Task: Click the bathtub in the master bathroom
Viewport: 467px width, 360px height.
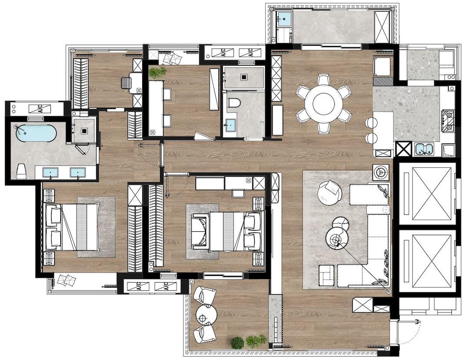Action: click(36, 133)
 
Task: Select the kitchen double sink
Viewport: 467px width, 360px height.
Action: click(424, 149)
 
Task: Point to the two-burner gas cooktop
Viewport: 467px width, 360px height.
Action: click(448, 121)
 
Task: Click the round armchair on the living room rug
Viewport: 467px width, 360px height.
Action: click(330, 193)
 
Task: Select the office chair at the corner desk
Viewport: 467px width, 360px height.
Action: click(126, 83)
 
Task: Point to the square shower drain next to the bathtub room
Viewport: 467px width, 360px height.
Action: click(85, 130)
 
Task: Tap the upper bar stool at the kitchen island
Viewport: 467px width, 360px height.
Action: click(371, 122)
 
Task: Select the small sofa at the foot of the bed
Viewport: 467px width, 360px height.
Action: click(199, 231)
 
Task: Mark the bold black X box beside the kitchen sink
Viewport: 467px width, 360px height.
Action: click(403, 149)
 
